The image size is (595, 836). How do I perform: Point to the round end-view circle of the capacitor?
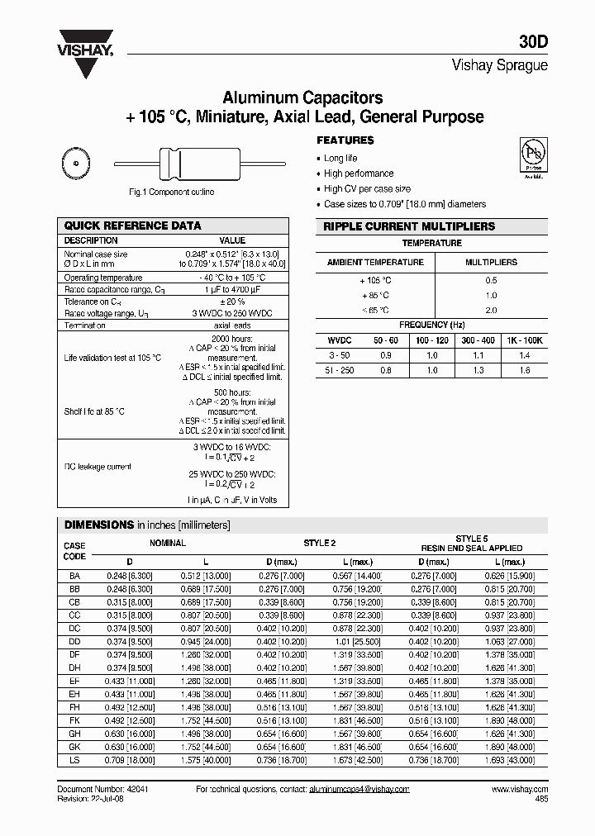tap(74, 164)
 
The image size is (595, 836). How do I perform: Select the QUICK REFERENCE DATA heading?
tap(132, 226)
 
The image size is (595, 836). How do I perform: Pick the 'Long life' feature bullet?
tap(340, 158)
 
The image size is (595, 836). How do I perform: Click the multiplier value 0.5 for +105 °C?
tap(490, 280)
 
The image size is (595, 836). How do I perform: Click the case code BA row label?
tap(74, 575)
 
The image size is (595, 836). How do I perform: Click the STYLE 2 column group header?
tap(320, 543)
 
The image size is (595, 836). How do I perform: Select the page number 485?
tap(540, 800)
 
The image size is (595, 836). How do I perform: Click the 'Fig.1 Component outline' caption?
tap(172, 192)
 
